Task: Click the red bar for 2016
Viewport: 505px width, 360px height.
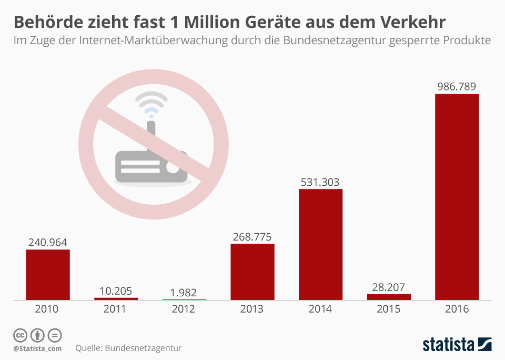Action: [457, 197]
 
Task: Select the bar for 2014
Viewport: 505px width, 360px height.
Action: [320, 244]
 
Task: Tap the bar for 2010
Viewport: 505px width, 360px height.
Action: [48, 274]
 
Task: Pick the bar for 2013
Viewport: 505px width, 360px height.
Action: [252, 272]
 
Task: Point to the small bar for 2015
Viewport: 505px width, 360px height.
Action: [389, 297]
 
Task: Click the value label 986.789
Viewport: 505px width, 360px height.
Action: [457, 86]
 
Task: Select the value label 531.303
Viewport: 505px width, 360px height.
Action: [320, 182]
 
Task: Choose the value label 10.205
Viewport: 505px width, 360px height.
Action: [116, 291]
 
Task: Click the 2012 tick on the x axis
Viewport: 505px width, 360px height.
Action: [184, 309]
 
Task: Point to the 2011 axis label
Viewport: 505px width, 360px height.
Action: [116, 309]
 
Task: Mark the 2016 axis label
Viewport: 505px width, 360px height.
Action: [457, 309]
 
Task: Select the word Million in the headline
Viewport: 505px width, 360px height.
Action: [229, 22]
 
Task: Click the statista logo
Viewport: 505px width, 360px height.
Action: [457, 345]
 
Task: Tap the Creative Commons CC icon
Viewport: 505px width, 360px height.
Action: [20, 335]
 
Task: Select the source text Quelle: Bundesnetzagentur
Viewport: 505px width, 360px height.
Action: [128, 348]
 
